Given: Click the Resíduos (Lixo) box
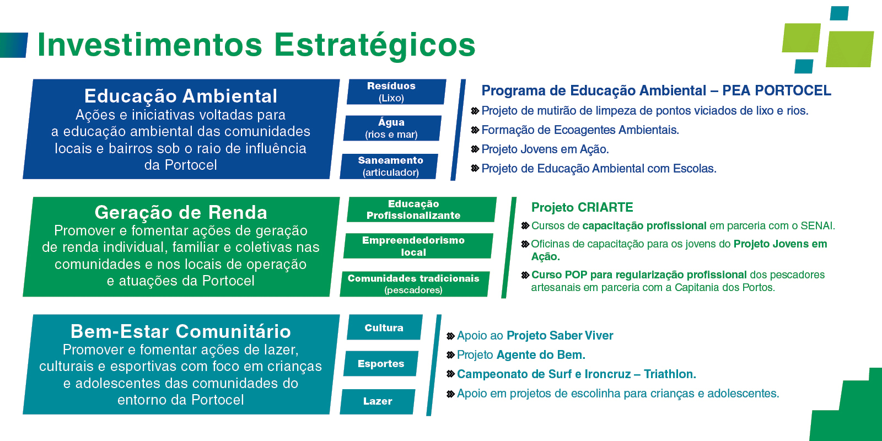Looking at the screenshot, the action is pos(396,92).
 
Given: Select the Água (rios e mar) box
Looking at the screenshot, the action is pos(392,128).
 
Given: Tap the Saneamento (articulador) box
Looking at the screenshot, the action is pos(389,166).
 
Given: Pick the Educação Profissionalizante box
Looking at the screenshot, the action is pos(422,209).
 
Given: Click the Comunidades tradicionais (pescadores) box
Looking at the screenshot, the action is pos(415,284).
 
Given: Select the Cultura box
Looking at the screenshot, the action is pos(385,327).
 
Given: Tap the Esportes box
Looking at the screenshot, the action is pos(381,363).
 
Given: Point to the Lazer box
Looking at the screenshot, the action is pos(377,402).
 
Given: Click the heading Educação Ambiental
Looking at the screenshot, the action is pos(181,96).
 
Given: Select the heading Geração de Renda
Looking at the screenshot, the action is pos(181,213).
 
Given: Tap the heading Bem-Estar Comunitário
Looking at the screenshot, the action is pos(181,331).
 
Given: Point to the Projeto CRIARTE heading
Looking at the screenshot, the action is pos(582,207).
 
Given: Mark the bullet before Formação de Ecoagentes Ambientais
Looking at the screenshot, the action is pos(475,130).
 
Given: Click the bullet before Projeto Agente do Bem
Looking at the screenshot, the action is pos(450,355).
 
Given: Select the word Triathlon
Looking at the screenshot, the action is pos(670,374).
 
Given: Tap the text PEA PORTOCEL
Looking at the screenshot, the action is pos(777,90).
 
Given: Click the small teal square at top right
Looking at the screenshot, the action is pos(839,13).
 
